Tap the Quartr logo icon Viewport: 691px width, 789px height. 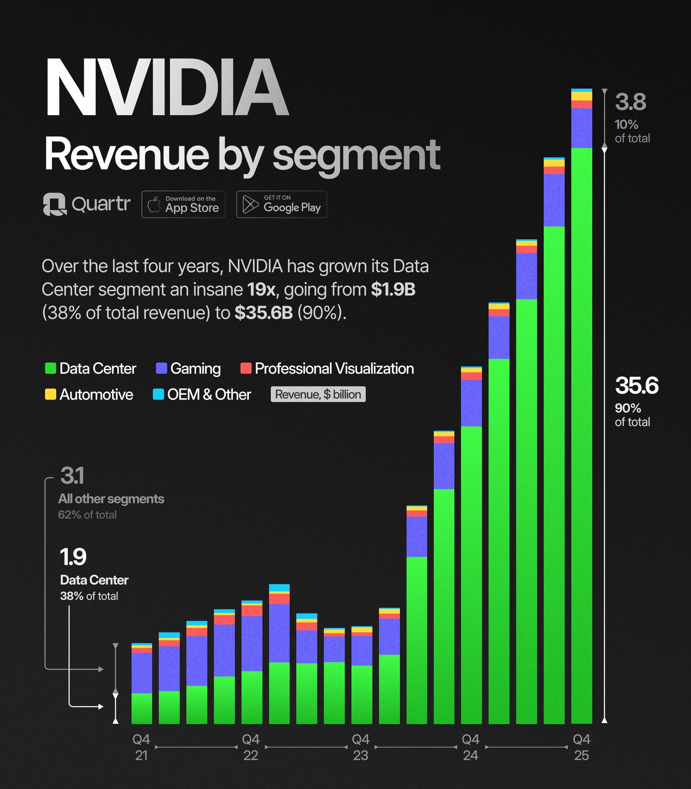pos(54,204)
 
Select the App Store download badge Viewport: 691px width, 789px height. pos(183,204)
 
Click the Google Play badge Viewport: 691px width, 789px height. pos(282,204)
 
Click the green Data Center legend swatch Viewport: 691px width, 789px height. pos(51,368)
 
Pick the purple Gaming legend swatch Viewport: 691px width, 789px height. pos(161,368)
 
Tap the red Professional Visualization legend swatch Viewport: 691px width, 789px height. pos(246,368)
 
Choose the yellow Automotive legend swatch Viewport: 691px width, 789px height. pos(51,394)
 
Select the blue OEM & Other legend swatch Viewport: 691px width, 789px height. pos(158,394)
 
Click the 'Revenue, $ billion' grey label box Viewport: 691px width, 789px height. pos(318,394)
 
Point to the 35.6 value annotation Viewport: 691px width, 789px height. pos(637,386)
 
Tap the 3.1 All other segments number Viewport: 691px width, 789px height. pos(72,476)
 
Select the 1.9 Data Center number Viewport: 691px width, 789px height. pos(73,557)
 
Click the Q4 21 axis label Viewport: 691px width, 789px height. pos(141,747)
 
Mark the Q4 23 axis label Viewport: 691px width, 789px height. pos(361,747)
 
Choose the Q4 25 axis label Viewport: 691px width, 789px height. pos(581,747)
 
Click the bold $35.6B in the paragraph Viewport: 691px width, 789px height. pos(264,313)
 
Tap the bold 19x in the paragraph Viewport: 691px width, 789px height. pos(261,290)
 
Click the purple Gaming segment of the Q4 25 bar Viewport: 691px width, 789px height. pos(581,128)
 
